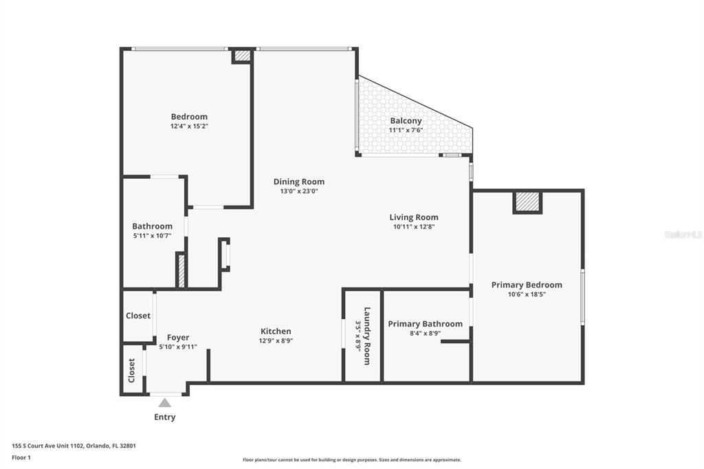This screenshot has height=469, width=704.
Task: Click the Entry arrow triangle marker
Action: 164,403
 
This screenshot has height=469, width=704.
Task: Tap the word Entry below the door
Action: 165,417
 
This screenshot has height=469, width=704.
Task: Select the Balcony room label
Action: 406,121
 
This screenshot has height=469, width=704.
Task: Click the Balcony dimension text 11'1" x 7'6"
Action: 406,130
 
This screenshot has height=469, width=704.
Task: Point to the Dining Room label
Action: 298,182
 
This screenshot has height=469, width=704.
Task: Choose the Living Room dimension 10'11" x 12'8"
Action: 414,226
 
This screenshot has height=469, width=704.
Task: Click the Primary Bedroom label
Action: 527,285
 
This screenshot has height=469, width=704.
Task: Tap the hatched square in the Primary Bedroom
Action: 527,201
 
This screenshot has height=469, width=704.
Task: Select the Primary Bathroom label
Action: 425,324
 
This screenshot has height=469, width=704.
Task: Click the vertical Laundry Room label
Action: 367,336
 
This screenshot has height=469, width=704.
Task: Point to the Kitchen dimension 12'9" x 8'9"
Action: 276,340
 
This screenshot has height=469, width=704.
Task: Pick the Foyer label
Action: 178,338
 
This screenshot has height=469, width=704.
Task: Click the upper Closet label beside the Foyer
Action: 138,316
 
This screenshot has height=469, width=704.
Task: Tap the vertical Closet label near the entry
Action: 132,370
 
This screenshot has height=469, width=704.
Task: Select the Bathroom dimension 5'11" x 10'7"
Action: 152,235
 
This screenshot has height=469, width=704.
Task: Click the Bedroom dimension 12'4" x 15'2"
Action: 189,126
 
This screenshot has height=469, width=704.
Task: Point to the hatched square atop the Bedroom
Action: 242,56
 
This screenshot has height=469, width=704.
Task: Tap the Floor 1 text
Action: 21,457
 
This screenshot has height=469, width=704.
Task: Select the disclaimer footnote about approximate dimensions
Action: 351,460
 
